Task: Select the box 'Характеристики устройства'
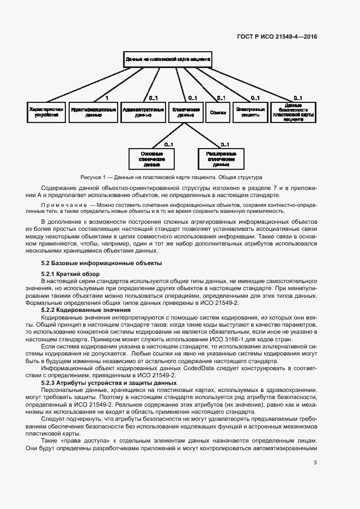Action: point(46,112)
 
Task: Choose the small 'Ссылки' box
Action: point(217,112)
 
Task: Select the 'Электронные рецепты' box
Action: point(251,112)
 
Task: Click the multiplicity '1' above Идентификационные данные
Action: point(107,98)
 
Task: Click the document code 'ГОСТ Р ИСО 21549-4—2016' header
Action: point(277,37)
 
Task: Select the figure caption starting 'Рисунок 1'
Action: point(171,177)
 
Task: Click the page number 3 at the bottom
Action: point(315,463)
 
